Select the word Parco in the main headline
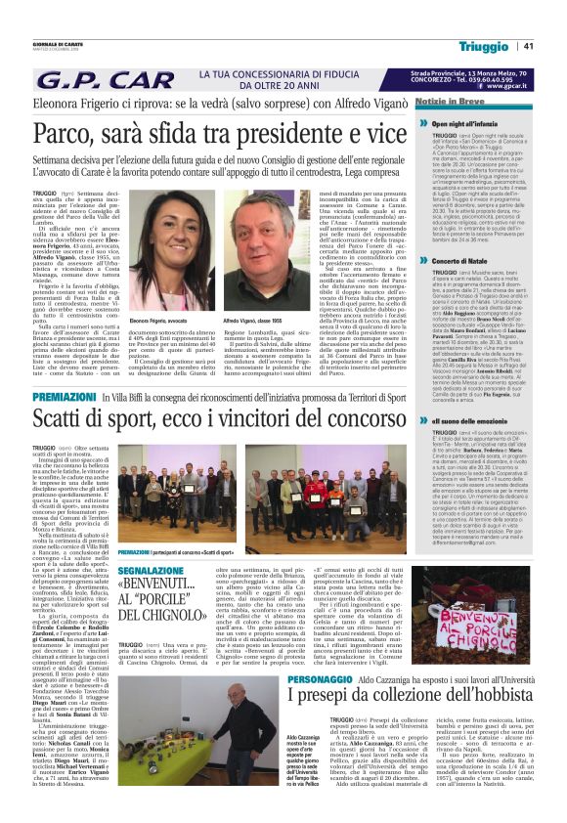(73, 130)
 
